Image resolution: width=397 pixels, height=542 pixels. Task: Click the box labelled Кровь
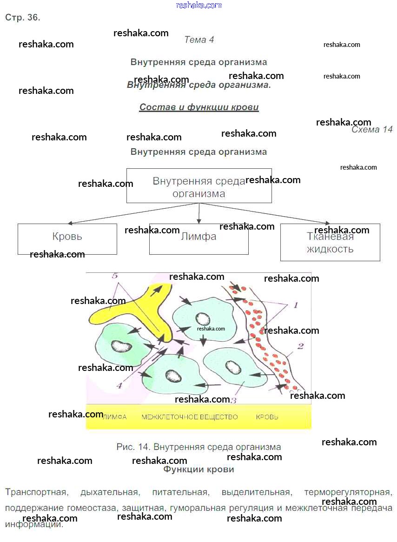67,239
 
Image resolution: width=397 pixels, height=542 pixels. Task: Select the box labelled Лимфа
198,239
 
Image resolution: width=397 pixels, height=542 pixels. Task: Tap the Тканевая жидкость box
330,242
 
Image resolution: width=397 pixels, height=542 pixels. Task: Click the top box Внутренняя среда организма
199,186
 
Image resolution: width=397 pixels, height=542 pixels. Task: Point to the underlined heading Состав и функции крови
199,107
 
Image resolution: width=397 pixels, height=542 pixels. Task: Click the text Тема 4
199,40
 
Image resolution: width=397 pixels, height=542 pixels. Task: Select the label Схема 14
372,130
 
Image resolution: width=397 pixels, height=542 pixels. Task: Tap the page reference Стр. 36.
23,18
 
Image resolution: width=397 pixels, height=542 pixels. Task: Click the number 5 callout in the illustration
114,276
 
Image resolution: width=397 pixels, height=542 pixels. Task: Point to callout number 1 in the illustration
295,305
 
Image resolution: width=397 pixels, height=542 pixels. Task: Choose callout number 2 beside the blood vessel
300,346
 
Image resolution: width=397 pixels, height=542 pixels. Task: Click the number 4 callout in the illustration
119,385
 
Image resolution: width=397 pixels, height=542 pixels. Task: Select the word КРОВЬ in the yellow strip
267,417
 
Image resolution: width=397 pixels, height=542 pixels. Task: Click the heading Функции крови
198,469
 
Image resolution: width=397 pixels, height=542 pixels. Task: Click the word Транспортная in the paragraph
36,492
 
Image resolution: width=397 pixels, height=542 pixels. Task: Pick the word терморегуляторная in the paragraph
348,492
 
